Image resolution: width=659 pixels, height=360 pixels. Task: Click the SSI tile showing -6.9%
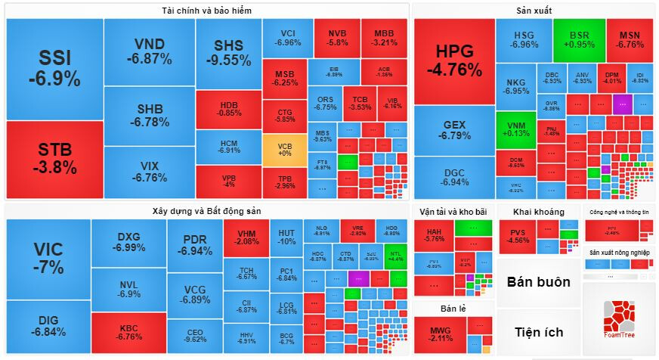(x=54, y=68)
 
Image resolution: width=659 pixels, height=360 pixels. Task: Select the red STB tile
(x=54, y=159)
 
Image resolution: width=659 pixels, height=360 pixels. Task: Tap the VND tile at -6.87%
(x=149, y=51)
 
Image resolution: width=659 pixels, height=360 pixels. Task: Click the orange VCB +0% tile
(x=286, y=149)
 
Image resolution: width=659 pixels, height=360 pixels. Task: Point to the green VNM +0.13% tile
(x=515, y=129)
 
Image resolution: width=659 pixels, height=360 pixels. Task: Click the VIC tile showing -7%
(x=48, y=259)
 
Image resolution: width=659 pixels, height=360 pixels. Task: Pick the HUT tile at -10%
(x=286, y=237)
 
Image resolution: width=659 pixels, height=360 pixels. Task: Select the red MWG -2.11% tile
(x=440, y=334)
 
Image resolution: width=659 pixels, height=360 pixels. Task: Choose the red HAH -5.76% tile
(x=435, y=235)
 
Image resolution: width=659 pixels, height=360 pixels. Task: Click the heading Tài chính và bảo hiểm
(x=206, y=11)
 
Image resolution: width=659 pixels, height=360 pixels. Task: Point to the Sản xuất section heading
(x=534, y=11)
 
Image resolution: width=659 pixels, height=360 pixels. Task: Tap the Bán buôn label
(x=538, y=282)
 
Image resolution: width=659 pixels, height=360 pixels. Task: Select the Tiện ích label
(x=538, y=332)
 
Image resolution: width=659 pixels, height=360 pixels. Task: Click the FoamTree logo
(x=620, y=318)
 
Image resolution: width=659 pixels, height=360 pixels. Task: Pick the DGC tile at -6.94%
(x=453, y=177)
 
